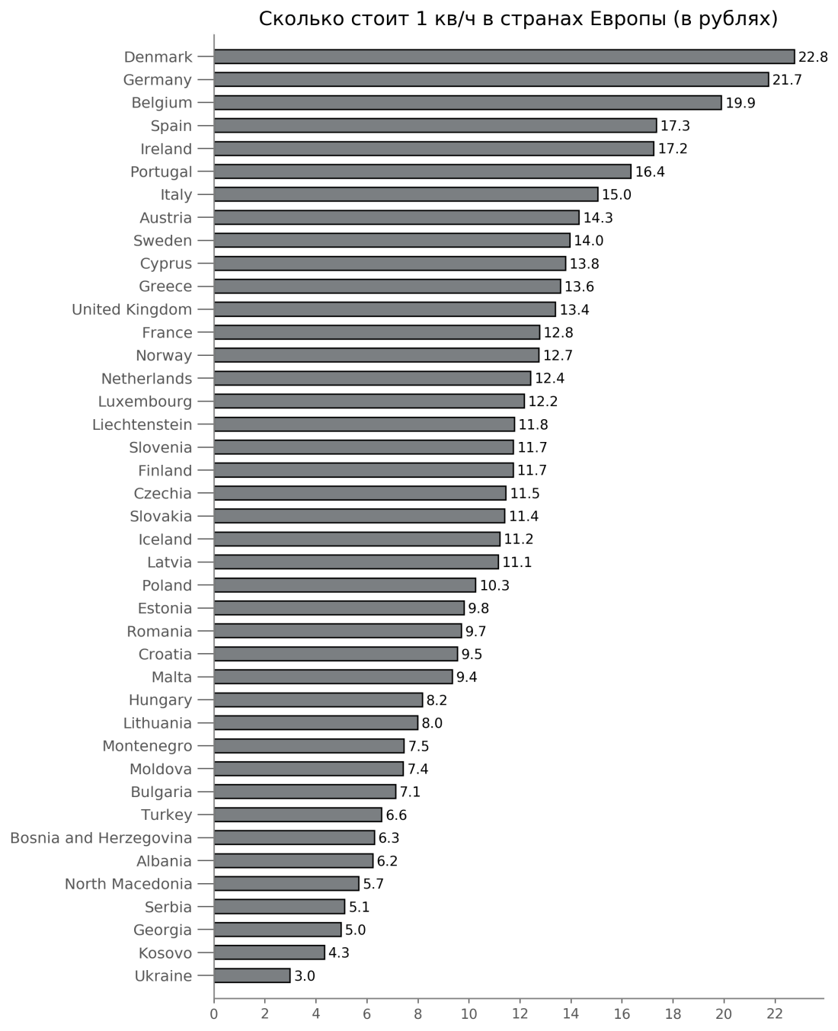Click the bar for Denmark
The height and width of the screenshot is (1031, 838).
[504, 57]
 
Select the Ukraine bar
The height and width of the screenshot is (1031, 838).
[252, 975]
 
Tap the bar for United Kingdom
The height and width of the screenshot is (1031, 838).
[385, 309]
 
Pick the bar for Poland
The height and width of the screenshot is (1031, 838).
[344, 585]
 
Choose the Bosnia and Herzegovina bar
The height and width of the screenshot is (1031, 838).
[294, 837]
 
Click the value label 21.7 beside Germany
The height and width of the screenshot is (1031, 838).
[787, 80]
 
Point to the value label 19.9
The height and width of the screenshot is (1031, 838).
[740, 103]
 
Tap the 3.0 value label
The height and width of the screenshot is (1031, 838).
[305, 975]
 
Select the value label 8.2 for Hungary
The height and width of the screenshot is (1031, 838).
[437, 700]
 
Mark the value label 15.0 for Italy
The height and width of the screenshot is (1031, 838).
[616, 195]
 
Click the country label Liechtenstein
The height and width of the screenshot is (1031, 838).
[142, 424]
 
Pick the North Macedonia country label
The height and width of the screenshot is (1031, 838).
[128, 884]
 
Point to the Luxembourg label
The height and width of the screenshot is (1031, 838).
[145, 402]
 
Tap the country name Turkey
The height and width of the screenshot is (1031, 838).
[166, 815]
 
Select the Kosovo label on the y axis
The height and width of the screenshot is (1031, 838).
[165, 953]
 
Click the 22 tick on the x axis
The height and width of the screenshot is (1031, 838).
[774, 1014]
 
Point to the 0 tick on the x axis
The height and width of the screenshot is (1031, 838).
[214, 1014]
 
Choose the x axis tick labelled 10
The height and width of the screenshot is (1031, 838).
[469, 1014]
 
